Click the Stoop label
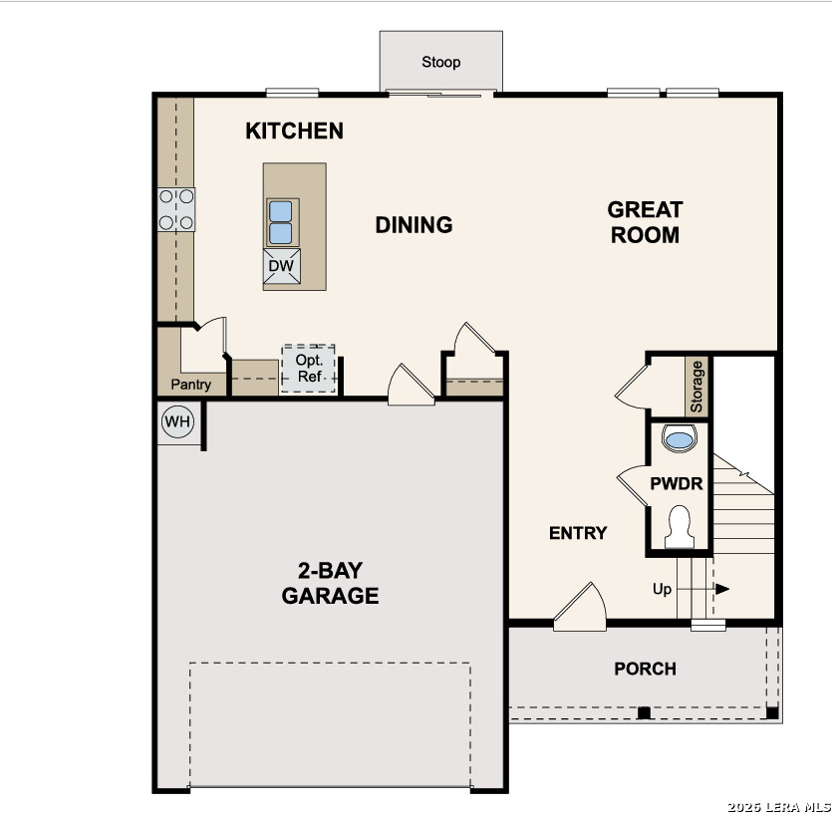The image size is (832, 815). (x=441, y=62)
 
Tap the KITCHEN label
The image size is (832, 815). (x=295, y=132)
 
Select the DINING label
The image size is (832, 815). (x=414, y=225)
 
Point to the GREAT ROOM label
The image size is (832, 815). (x=645, y=222)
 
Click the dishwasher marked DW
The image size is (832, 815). (x=282, y=266)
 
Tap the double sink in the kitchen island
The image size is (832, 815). (x=281, y=222)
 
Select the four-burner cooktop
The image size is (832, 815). (x=176, y=209)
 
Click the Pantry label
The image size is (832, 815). (x=191, y=385)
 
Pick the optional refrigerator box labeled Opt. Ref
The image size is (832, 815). (x=308, y=369)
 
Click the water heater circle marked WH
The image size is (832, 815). (x=177, y=421)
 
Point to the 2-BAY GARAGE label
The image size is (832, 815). (x=330, y=583)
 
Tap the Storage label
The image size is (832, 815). (x=696, y=387)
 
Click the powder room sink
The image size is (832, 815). (x=680, y=438)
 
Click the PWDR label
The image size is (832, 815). (x=677, y=484)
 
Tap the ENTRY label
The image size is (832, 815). (x=578, y=533)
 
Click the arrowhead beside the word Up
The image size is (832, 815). (x=722, y=589)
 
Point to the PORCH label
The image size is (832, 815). (x=646, y=669)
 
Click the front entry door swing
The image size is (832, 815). (x=581, y=607)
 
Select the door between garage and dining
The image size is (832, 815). (x=411, y=385)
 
